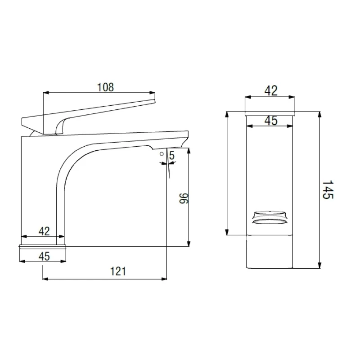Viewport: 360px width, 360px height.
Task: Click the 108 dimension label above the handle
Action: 105,87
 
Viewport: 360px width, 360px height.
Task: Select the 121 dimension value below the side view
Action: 118,271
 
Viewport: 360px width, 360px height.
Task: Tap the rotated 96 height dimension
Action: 184,198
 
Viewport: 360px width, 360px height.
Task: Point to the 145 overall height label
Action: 328,189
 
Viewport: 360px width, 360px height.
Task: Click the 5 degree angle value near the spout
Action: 172,156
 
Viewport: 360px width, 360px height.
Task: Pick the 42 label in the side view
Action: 44,231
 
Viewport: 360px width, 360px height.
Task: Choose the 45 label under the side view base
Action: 44,256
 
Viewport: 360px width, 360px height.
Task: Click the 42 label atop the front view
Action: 271,91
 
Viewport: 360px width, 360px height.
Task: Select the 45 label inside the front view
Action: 271,121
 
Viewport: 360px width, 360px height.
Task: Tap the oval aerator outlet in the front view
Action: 270,221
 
